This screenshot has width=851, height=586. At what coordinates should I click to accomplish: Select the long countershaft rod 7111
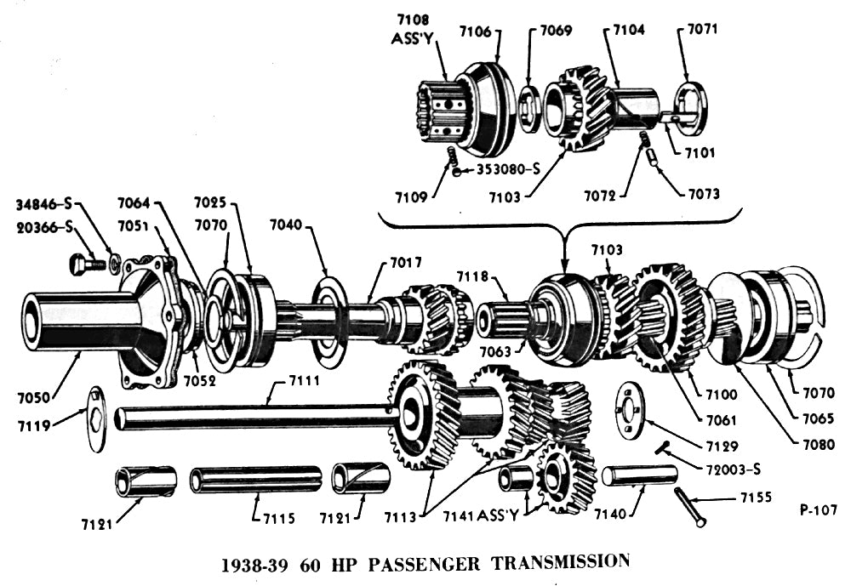click(x=255, y=417)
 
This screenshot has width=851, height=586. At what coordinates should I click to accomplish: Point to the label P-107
click(x=819, y=510)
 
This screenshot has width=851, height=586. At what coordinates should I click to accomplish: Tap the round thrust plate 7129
click(x=631, y=413)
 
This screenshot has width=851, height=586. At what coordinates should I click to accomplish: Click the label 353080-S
click(x=509, y=169)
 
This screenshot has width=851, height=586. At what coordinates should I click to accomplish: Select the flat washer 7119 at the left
click(x=95, y=418)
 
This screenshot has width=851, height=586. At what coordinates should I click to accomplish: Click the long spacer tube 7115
click(x=255, y=480)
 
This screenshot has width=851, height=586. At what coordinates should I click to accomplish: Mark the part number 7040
click(x=287, y=225)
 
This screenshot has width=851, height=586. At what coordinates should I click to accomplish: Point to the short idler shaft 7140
click(x=640, y=475)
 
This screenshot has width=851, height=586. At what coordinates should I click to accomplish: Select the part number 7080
click(x=816, y=443)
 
